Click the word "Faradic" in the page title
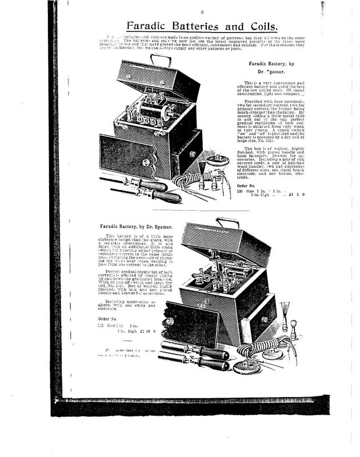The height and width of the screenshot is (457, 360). pos(150,26)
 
